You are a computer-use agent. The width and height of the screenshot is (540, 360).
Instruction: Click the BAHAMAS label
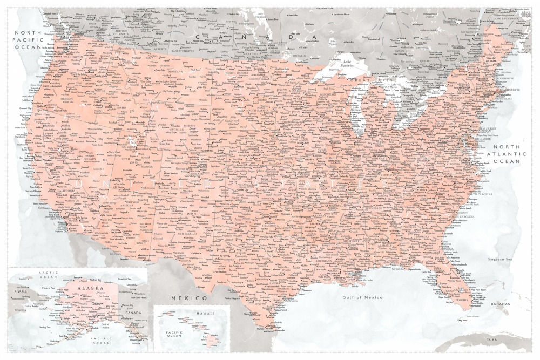[500, 304]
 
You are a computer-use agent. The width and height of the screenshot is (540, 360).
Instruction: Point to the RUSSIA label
[21, 291]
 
